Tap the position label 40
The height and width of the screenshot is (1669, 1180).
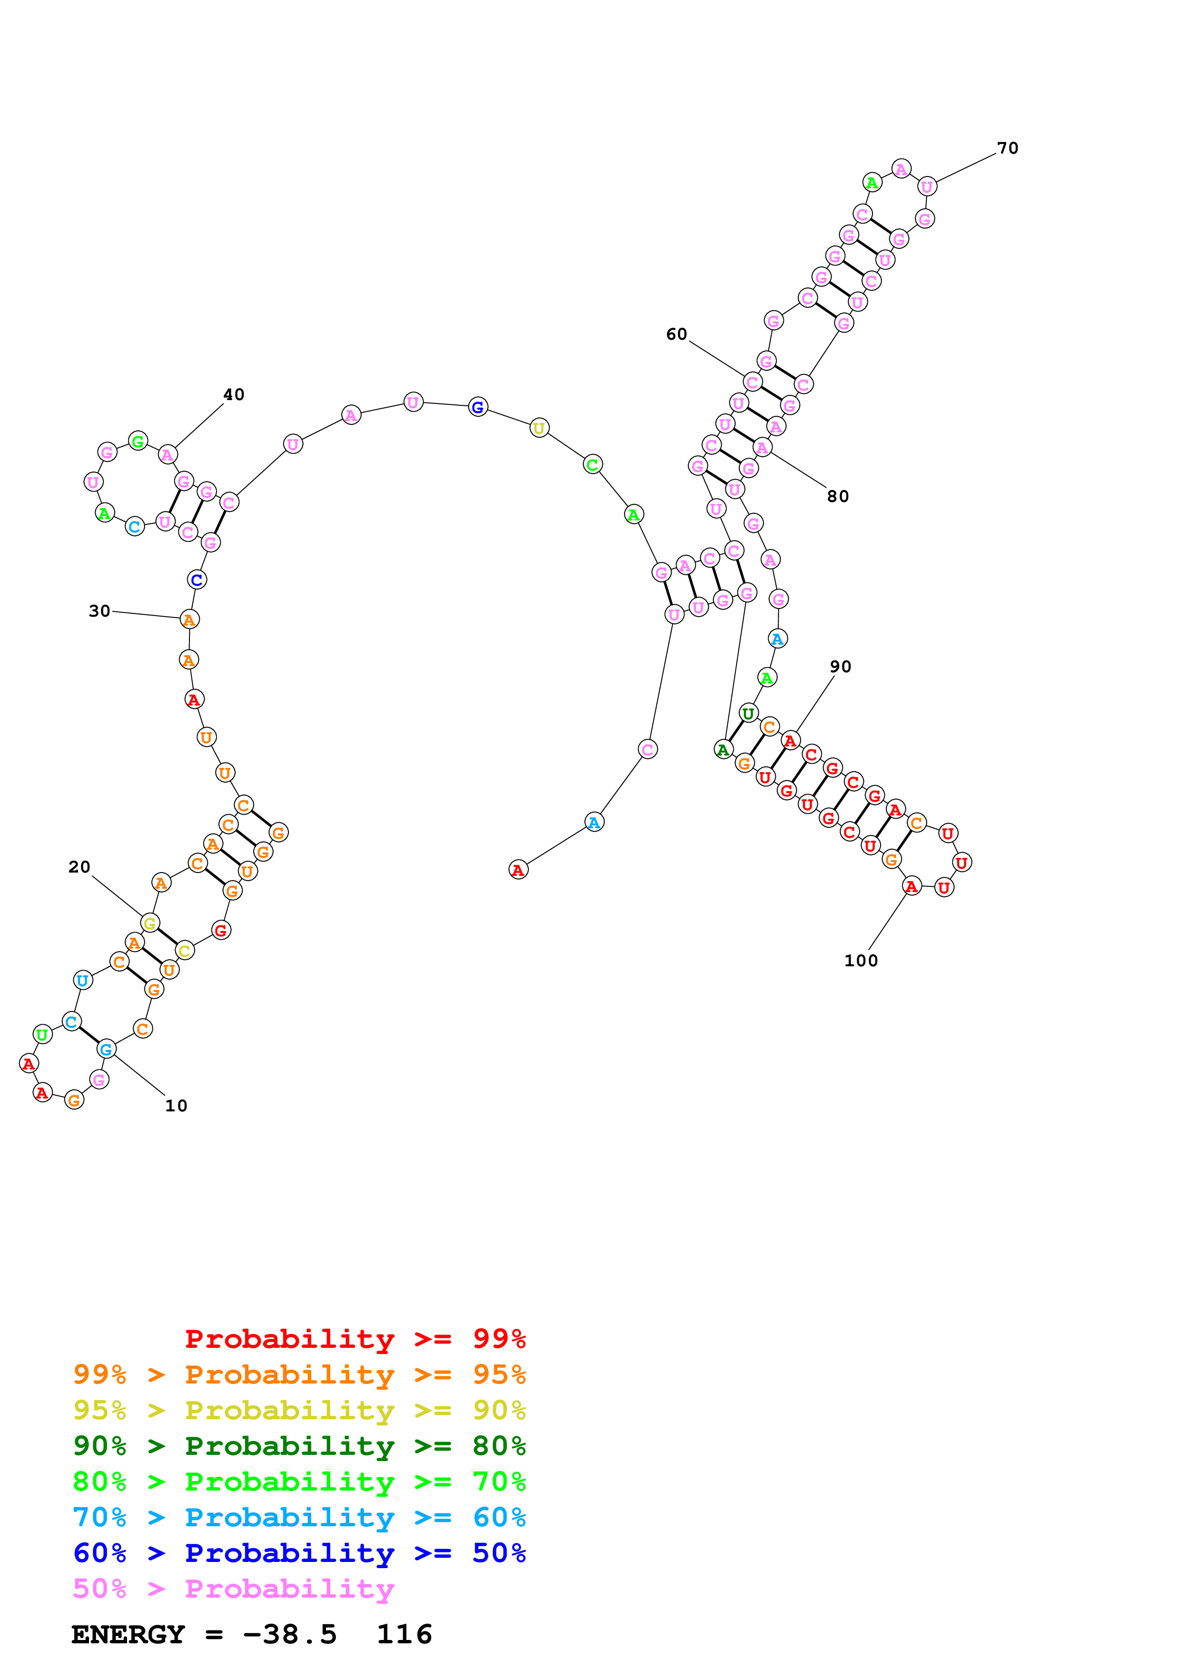click(x=233, y=395)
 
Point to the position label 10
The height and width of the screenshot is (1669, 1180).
click(x=176, y=1106)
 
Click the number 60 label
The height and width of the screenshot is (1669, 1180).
click(x=676, y=334)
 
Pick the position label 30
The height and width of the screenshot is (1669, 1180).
click(x=99, y=611)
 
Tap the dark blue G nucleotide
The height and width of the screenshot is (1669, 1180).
click(x=478, y=407)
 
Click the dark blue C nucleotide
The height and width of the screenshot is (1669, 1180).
click(x=196, y=580)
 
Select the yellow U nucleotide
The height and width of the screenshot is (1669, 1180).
click(x=539, y=428)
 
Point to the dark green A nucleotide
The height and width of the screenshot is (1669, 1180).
click(x=723, y=749)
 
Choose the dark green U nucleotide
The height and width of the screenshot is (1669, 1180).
click(x=748, y=714)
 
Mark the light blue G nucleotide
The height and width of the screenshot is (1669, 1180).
click(x=106, y=1049)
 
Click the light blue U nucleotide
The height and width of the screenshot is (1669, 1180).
click(x=83, y=981)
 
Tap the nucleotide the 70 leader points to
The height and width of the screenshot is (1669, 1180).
click(x=927, y=187)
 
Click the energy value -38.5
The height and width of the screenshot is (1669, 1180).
click(x=289, y=1634)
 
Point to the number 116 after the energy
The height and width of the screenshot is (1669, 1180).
click(x=404, y=1634)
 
